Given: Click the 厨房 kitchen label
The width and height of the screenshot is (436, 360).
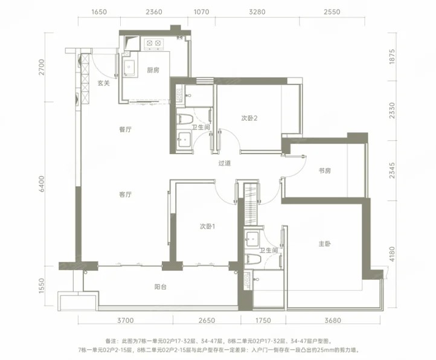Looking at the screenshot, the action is point(153,70).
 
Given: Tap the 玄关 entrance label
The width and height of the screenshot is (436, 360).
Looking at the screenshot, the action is point(103,83).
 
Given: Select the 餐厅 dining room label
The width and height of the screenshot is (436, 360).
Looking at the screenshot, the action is point(125,129).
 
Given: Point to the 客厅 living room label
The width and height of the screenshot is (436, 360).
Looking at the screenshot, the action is point(125,194).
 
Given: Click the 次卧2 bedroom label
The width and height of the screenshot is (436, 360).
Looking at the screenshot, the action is point(249,118).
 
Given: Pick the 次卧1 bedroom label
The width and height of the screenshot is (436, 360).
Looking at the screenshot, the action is point(208,227).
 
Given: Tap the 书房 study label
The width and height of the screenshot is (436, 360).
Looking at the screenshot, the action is point(324,170).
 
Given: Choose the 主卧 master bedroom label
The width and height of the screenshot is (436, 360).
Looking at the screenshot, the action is point(324,244).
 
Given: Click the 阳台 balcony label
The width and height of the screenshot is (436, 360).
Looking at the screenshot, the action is point(161,286).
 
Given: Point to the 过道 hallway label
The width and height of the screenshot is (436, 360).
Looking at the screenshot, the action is point(225,163).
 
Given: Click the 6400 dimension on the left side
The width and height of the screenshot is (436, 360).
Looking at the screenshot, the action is point(42,184).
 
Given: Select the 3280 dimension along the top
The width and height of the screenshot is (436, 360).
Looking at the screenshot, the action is point(257,12).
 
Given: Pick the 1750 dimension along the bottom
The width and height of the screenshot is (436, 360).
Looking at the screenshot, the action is point(263,321).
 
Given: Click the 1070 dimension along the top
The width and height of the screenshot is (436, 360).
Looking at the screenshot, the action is point(201,12).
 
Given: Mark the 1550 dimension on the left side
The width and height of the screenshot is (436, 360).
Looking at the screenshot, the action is point(42,286).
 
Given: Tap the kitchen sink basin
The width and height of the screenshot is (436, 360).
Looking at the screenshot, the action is point(130,67).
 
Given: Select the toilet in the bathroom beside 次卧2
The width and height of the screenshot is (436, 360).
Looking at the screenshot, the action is point(185,120).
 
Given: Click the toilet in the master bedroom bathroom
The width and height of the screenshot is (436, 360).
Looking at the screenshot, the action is point(253,259).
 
